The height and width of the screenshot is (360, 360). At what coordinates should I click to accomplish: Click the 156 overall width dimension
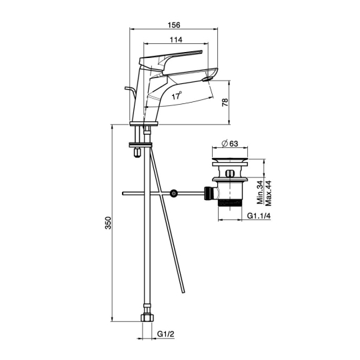tap(174, 25)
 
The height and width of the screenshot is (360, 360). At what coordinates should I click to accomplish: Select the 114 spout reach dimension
tap(176, 40)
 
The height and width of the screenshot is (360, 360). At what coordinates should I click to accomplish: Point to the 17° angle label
tap(177, 95)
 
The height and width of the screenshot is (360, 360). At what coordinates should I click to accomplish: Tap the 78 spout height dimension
tap(225, 102)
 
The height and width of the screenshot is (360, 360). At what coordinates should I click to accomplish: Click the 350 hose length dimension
tap(108, 223)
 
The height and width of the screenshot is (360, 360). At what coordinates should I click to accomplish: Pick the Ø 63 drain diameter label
tap(230, 143)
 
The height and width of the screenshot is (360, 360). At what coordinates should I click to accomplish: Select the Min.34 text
tap(261, 193)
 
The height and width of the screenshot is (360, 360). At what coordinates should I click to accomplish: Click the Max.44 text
tap(268, 193)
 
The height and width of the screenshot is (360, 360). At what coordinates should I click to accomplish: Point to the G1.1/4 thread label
tap(259, 216)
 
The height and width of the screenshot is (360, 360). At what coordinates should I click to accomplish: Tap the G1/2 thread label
tap(166, 334)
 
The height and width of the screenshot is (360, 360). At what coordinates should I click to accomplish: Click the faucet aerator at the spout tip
tap(207, 79)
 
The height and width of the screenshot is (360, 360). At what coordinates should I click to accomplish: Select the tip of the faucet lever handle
tap(201, 51)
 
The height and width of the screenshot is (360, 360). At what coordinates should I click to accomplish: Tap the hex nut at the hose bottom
tap(147, 318)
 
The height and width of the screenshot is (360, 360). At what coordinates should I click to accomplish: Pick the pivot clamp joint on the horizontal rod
tap(173, 193)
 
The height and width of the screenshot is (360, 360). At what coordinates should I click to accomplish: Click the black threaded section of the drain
tap(230, 203)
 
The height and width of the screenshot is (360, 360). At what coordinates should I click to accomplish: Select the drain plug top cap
tap(230, 159)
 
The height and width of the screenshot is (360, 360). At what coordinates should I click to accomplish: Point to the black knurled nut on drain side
tap(208, 193)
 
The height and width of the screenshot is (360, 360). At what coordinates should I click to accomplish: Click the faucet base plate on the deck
tap(144, 124)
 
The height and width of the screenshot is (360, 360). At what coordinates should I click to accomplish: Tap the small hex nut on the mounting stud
tap(137, 153)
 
